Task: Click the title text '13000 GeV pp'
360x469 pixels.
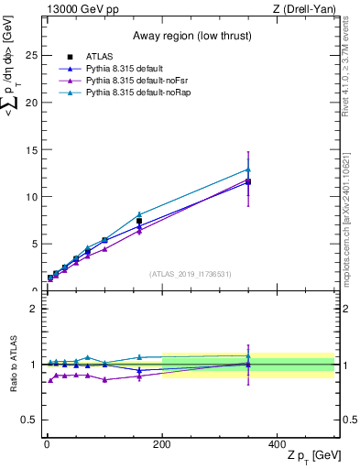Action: [80, 9]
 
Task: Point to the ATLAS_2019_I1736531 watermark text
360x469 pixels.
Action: [190, 274]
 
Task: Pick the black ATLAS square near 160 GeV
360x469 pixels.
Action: [139, 221]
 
